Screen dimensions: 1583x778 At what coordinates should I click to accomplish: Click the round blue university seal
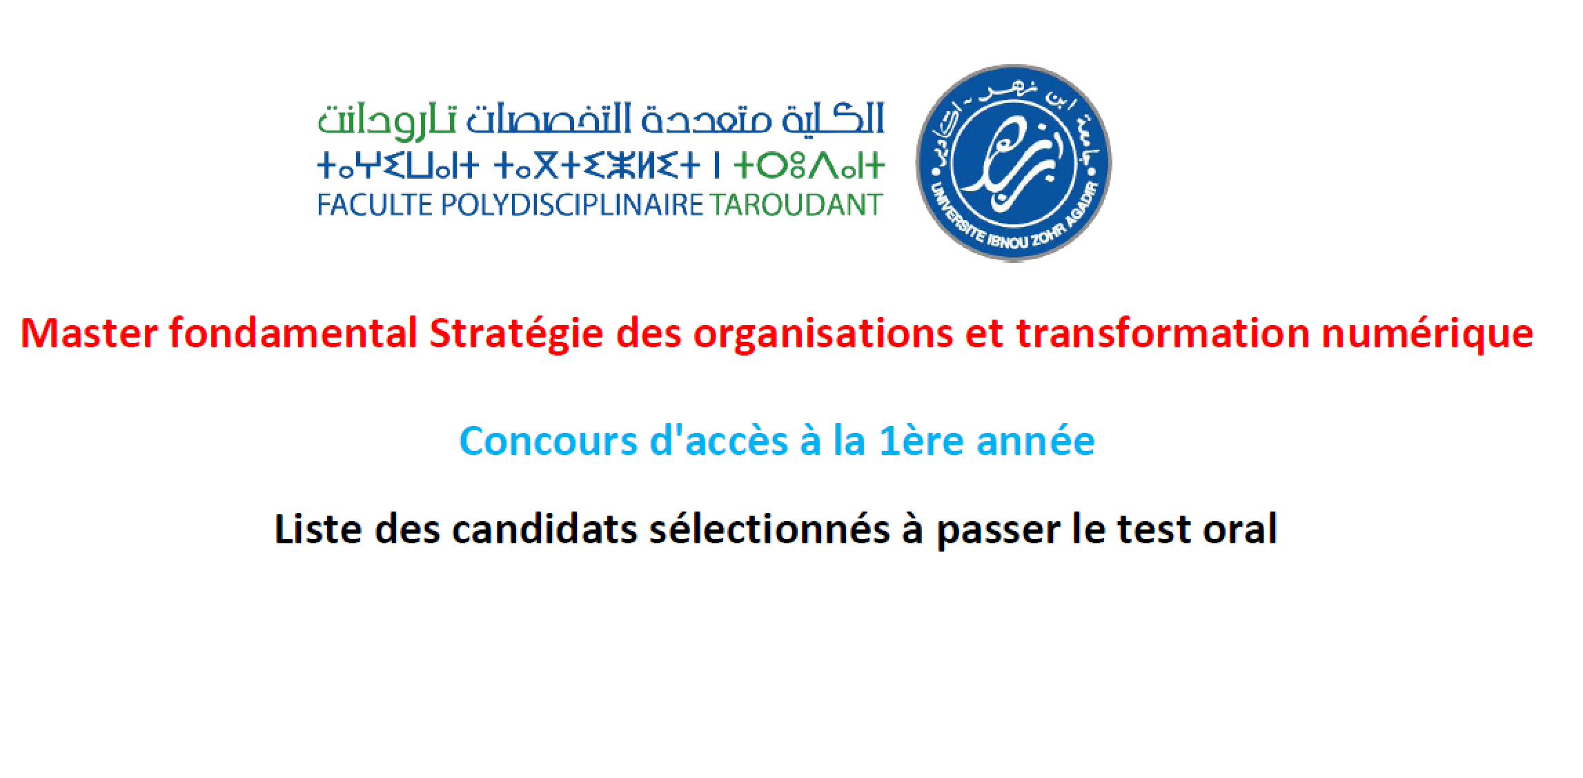click(1013, 164)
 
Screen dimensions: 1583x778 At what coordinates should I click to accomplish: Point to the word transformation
click(1163, 333)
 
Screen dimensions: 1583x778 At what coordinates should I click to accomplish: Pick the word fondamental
click(293, 333)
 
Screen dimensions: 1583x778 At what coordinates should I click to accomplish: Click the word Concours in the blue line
click(549, 442)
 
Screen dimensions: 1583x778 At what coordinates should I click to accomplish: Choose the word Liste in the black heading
click(319, 529)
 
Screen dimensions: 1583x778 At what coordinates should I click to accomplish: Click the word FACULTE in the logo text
click(375, 205)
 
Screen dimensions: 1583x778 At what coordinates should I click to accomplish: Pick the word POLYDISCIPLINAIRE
click(572, 205)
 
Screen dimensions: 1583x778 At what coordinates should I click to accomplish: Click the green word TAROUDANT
click(796, 205)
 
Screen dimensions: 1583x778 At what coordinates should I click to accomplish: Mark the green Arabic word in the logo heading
click(386, 120)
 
